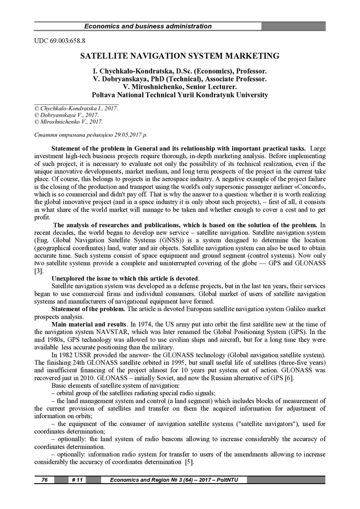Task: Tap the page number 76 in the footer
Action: pyautogui.click(x=44, y=479)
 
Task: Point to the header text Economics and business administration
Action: pyautogui.click(x=148, y=26)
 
